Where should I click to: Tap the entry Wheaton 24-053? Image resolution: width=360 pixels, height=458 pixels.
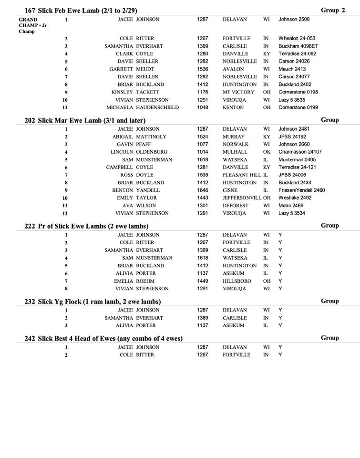297,39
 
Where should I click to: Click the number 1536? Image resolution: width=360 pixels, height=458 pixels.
203,69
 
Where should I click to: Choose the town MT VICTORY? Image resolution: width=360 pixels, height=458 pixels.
238,92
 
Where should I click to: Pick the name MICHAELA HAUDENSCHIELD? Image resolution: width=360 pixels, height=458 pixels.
142,108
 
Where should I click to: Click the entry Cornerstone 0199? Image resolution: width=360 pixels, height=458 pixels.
298,108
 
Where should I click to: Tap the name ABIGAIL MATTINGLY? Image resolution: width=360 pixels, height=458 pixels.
139,137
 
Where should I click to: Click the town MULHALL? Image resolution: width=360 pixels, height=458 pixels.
235,152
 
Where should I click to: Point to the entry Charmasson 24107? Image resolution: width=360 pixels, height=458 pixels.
300,152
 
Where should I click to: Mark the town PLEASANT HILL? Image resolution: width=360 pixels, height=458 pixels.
242,175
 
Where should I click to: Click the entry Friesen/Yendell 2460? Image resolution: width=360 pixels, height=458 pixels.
301,190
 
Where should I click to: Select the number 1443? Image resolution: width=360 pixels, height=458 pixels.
203,198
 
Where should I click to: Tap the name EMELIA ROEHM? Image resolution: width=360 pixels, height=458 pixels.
134,281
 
